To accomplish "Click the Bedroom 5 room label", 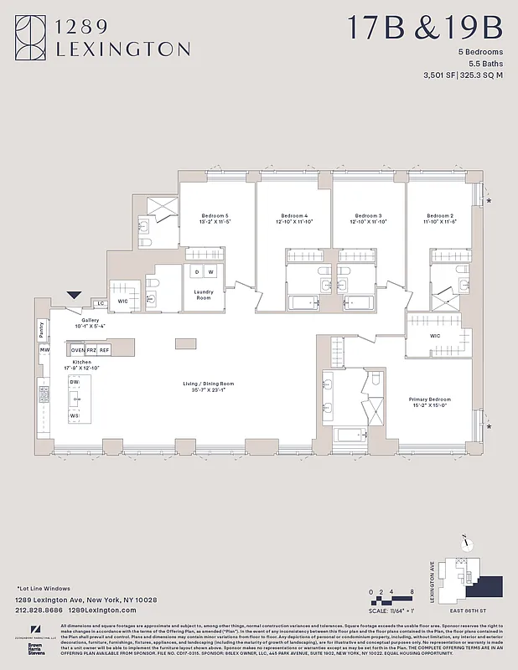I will pyautogui.click(x=215, y=216).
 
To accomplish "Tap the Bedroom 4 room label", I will pyautogui.click(x=294, y=216).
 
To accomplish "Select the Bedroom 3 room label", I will pyautogui.click(x=368, y=216).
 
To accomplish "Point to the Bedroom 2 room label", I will pyautogui.click(x=438, y=216).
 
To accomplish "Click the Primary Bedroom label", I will pyautogui.click(x=430, y=400).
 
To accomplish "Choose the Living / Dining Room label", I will pyautogui.click(x=209, y=384).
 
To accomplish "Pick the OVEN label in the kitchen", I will pyautogui.click(x=78, y=349).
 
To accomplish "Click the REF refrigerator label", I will pyautogui.click(x=105, y=349).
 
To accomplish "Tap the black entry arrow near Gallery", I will pyautogui.click(x=75, y=295).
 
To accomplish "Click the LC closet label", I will pyautogui.click(x=101, y=303).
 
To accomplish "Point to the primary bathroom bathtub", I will pyautogui.click(x=349, y=435).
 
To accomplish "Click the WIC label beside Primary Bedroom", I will pyautogui.click(x=435, y=336).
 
